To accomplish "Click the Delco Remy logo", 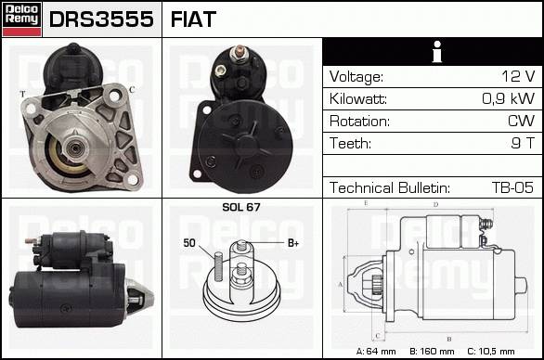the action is click(22, 19).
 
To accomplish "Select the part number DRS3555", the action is click(101, 19).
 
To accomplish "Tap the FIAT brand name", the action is click(193, 19).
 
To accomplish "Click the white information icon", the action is click(437, 52).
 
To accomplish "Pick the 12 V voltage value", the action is click(518, 76).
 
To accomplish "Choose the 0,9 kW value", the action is click(509, 99).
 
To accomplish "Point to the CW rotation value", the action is click(521, 121).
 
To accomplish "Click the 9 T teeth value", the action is click(523, 143).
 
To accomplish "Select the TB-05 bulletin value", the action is click(512, 187).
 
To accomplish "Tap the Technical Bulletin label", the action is click(390, 187).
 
